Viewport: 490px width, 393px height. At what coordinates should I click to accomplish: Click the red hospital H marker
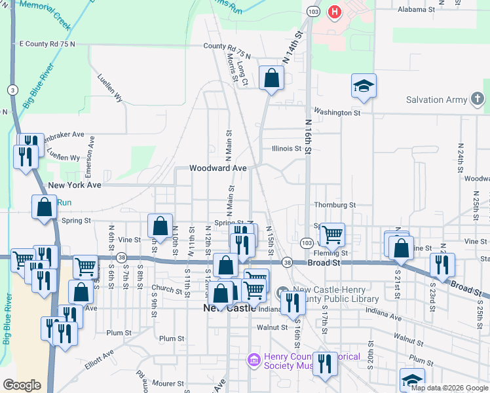click(x=335, y=12)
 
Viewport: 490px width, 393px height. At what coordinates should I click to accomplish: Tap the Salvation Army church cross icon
click(x=478, y=100)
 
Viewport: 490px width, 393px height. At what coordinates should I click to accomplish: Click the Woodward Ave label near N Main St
click(x=217, y=168)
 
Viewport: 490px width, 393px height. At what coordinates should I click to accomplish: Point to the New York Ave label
click(x=75, y=185)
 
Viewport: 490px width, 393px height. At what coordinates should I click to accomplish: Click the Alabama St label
click(x=417, y=10)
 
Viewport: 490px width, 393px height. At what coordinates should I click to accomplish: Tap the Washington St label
click(x=337, y=113)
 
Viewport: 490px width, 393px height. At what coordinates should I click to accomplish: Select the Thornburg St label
click(x=334, y=205)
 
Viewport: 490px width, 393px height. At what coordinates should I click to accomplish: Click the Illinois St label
click(x=286, y=149)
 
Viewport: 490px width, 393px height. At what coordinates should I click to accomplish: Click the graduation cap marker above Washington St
click(x=364, y=86)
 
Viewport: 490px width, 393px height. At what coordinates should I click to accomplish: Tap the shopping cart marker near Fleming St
click(x=332, y=233)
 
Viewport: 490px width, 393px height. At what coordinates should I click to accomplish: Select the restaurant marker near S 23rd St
click(x=443, y=263)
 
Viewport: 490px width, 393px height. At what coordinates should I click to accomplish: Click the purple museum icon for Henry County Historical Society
click(x=253, y=359)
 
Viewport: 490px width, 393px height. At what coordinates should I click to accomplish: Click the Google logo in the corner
click(x=22, y=384)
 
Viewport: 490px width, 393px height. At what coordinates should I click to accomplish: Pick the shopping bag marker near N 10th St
click(x=160, y=226)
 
